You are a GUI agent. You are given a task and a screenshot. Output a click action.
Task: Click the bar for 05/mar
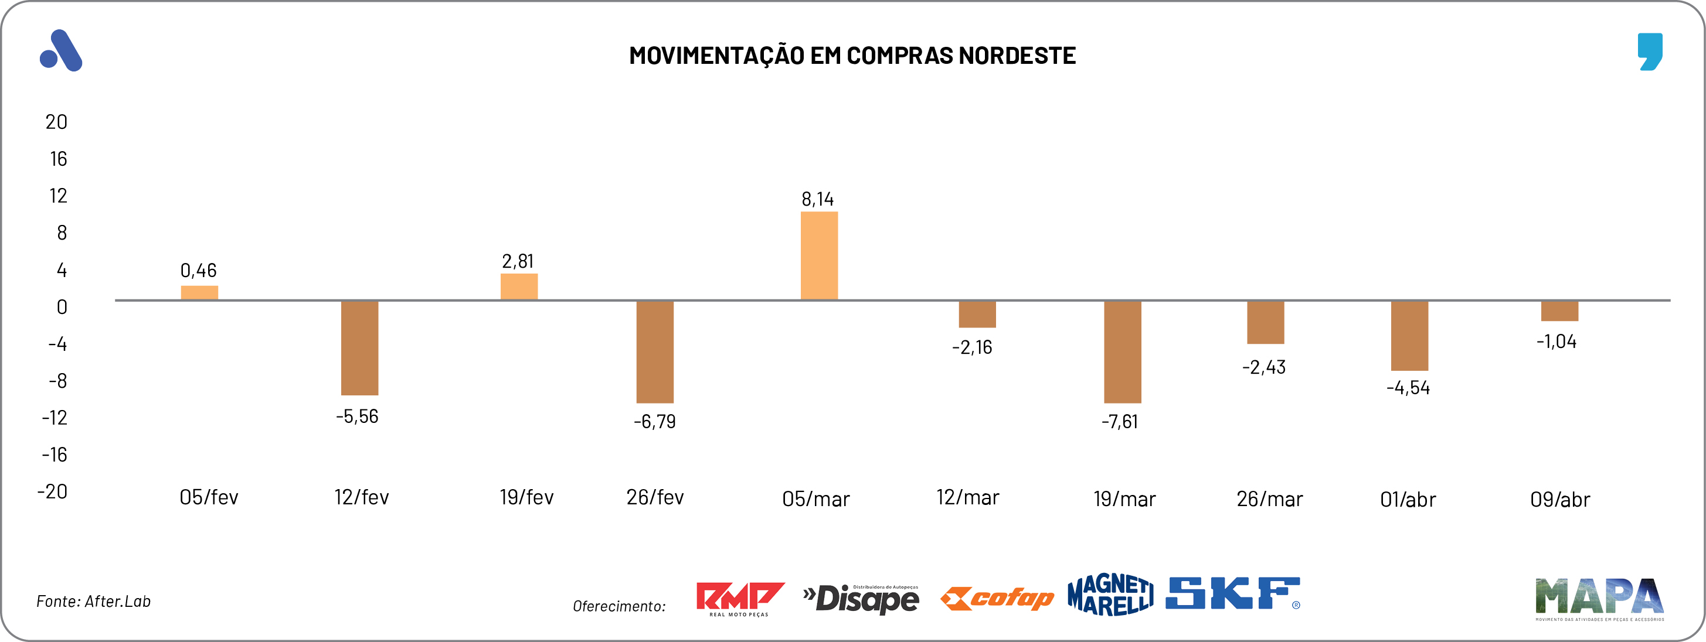pos(818,255)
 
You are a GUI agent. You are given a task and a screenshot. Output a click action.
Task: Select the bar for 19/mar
pos(1122,351)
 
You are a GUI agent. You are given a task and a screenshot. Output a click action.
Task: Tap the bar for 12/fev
pos(359,347)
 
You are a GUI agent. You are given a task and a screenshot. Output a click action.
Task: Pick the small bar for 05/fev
pos(199,292)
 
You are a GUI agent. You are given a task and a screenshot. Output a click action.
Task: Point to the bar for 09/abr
pos(1559,311)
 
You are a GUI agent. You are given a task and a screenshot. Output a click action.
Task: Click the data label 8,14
pos(817,199)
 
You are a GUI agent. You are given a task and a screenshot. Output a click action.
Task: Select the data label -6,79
pos(654,422)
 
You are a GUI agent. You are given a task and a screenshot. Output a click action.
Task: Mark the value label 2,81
pos(517,261)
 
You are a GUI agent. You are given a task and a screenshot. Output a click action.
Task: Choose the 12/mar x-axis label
pos(967,498)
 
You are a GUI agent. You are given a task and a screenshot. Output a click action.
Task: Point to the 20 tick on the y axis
pos(56,122)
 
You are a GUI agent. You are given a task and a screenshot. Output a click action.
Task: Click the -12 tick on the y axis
pos(55,418)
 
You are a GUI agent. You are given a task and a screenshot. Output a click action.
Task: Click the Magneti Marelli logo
pos(1110,595)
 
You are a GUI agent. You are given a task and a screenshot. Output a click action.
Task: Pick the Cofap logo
pos(997,598)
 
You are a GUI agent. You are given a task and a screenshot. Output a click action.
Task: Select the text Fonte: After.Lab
pos(93,601)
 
